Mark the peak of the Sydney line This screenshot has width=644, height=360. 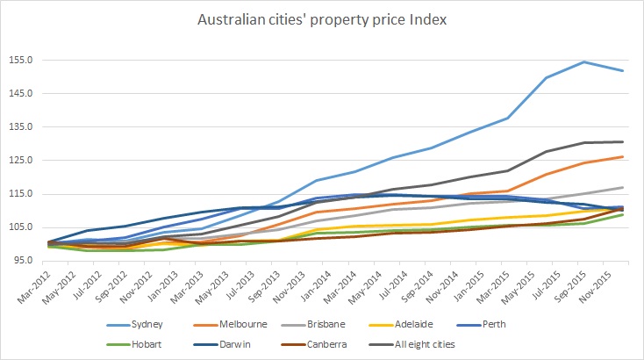tap(583, 61)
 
